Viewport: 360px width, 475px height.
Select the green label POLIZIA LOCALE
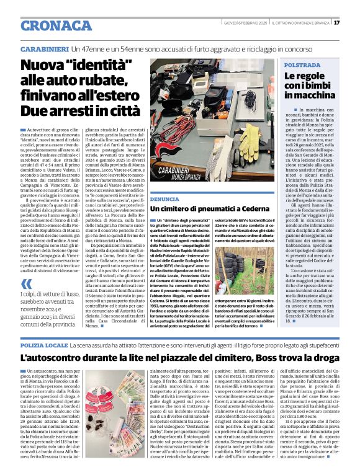point(44,344)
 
